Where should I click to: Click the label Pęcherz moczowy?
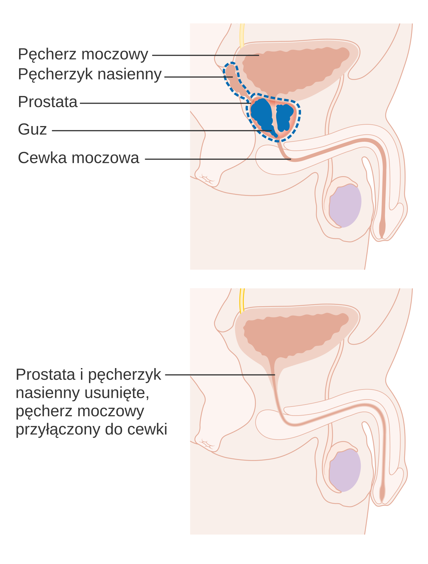point(83,54)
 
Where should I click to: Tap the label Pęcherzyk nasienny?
point(90,75)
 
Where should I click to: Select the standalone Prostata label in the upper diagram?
point(48,102)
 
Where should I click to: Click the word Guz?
point(32,129)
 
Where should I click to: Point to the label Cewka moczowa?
point(79,158)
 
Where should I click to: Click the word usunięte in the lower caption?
point(117,393)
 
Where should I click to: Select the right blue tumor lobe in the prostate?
point(285,117)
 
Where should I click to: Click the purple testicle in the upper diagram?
point(345,206)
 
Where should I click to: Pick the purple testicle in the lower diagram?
point(345,470)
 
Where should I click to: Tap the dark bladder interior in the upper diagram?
point(294,69)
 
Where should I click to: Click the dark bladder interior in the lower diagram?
point(294,334)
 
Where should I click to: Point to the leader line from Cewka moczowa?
point(218,159)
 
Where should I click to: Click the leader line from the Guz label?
point(162,131)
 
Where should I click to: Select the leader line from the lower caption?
point(220,375)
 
